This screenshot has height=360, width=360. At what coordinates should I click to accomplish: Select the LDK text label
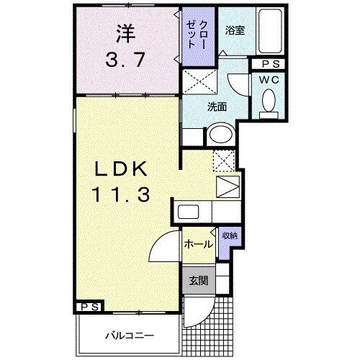coord(122,169)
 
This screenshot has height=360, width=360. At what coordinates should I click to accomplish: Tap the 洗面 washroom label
coord(217,107)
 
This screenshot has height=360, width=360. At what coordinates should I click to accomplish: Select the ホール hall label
coord(198,244)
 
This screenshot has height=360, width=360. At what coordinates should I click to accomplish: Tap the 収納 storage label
coord(230,235)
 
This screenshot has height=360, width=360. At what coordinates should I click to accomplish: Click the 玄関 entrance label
coord(199,280)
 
